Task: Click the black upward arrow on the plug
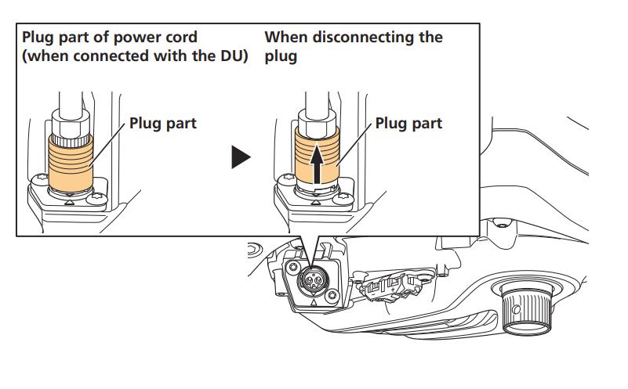click(317, 164)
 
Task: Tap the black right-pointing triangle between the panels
click(241, 157)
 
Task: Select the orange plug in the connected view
click(71, 163)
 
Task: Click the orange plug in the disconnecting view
click(317, 155)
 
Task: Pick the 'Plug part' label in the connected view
click(163, 123)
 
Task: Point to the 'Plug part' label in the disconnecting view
click(408, 123)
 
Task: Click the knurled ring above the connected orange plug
click(71, 140)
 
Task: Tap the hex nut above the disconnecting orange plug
click(318, 123)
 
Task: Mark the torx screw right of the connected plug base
click(97, 198)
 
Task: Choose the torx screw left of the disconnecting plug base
click(289, 178)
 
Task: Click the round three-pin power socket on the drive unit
click(313, 280)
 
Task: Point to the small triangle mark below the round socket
click(314, 303)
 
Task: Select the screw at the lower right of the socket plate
click(332, 296)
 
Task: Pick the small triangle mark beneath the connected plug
click(70, 203)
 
